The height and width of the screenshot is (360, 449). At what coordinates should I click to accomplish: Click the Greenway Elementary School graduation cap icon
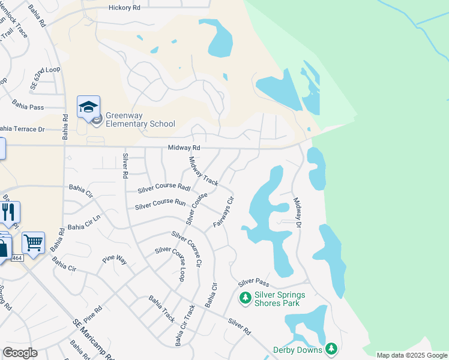click(x=88, y=107)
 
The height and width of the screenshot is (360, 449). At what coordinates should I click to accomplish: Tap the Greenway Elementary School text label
click(x=140, y=120)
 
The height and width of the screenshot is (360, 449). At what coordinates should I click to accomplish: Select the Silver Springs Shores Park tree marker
click(x=245, y=298)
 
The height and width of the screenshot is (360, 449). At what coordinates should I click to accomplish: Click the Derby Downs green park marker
click(x=331, y=349)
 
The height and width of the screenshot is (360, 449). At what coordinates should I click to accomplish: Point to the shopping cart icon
click(x=33, y=243)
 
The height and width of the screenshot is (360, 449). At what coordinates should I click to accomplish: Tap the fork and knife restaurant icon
click(x=9, y=212)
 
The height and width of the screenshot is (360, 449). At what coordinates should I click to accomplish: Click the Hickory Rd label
click(x=124, y=8)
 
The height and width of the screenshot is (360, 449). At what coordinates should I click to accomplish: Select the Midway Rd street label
click(x=184, y=148)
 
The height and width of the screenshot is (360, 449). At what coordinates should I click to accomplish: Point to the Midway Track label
click(x=203, y=171)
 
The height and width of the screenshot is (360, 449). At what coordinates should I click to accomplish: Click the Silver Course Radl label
click(x=164, y=188)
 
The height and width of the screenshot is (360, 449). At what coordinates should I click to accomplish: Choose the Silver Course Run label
click(x=160, y=205)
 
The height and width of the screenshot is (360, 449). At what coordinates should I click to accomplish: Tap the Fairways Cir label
click(x=223, y=212)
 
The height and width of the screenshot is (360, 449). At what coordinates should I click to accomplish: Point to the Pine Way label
click(x=115, y=260)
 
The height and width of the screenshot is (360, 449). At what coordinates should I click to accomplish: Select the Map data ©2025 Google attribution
click(x=412, y=355)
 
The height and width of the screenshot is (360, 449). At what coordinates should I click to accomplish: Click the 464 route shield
click(x=17, y=257)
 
